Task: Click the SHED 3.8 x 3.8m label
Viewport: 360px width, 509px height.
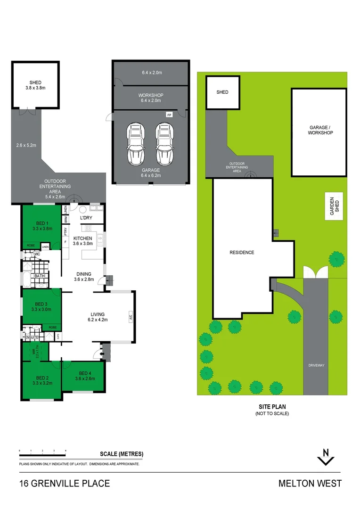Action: click(35, 85)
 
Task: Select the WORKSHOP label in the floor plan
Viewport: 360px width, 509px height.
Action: click(151, 98)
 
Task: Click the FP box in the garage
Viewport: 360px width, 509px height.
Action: click(169, 115)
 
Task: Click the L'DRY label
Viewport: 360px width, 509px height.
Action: click(86, 218)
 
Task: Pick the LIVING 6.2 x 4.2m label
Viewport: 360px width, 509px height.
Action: click(98, 317)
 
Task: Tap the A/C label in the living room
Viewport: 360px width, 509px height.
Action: click(130, 317)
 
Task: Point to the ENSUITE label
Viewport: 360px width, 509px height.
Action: click(31, 337)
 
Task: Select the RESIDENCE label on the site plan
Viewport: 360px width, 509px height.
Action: click(242, 253)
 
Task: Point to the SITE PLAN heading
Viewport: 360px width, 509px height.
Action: click(272, 406)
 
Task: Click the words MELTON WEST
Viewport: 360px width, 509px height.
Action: click(310, 484)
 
